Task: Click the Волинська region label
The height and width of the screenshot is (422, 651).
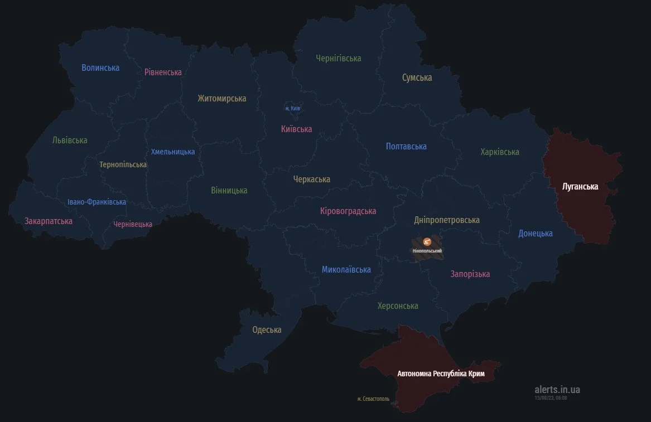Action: point(100,68)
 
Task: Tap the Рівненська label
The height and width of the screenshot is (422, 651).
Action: point(163,72)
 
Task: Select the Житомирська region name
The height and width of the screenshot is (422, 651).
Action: point(221,99)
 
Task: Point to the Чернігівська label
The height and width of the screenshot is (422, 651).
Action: point(338,58)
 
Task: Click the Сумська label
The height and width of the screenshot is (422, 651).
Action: point(417,77)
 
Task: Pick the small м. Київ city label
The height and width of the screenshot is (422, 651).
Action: point(293,108)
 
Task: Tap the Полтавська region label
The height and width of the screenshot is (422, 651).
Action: point(406,147)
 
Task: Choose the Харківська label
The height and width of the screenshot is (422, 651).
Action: point(499,152)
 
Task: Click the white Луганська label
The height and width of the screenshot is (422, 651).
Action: point(580,187)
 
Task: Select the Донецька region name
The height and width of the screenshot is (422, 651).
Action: point(535,234)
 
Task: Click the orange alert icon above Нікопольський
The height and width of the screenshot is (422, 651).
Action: point(427,242)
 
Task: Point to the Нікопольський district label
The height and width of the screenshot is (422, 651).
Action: point(427,251)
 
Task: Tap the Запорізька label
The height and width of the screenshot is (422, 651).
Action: point(470,274)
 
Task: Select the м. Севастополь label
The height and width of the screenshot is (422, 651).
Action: point(373,399)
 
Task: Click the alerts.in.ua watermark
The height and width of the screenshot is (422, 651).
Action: point(557,390)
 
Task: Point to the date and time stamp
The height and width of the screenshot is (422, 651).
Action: point(551,397)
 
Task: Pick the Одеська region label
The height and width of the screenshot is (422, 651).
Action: point(267,330)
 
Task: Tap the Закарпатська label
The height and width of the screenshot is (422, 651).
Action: point(49,221)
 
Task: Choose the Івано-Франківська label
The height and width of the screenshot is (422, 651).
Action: point(97,202)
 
